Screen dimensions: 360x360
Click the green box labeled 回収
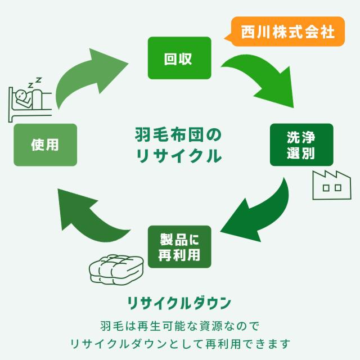click(x=179, y=58)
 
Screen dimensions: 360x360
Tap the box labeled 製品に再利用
click(x=179, y=247)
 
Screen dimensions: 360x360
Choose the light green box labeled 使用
click(x=45, y=145)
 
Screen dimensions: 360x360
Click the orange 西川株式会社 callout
click(x=287, y=30)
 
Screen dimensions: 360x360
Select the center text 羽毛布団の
click(x=179, y=135)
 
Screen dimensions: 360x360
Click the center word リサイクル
click(x=179, y=156)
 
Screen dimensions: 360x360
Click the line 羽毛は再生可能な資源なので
click(x=179, y=326)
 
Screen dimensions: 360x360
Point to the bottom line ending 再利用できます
click(x=179, y=343)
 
